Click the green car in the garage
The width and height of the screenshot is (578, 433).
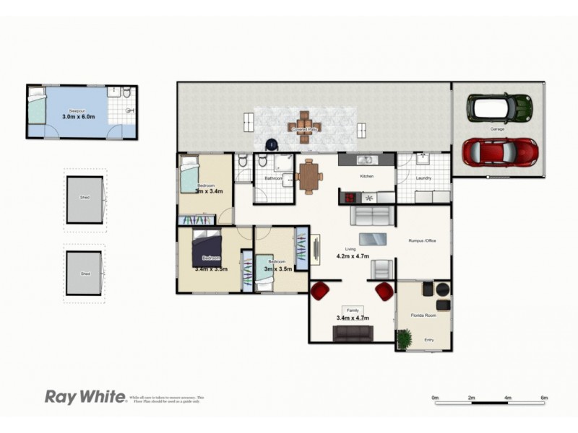(x=499, y=108)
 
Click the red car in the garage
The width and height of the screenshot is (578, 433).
(x=500, y=152)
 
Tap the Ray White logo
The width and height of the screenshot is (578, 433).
(x=85, y=396)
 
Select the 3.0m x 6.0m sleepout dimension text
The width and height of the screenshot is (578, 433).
(x=79, y=116)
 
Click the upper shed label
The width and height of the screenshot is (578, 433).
(x=85, y=196)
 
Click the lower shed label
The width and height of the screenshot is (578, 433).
(x=85, y=274)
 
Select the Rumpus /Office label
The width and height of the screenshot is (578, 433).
(x=422, y=240)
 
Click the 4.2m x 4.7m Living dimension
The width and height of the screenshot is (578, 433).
(x=353, y=255)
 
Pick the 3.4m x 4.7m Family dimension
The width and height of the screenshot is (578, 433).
(x=353, y=318)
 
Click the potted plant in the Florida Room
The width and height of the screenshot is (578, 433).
(x=404, y=338)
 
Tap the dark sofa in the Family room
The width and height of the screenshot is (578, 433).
(x=353, y=333)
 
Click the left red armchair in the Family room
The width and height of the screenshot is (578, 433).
(x=319, y=291)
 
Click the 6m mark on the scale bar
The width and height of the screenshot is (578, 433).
(x=544, y=398)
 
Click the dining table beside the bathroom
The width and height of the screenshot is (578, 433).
(x=309, y=176)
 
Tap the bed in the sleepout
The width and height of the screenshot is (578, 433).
(x=36, y=109)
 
